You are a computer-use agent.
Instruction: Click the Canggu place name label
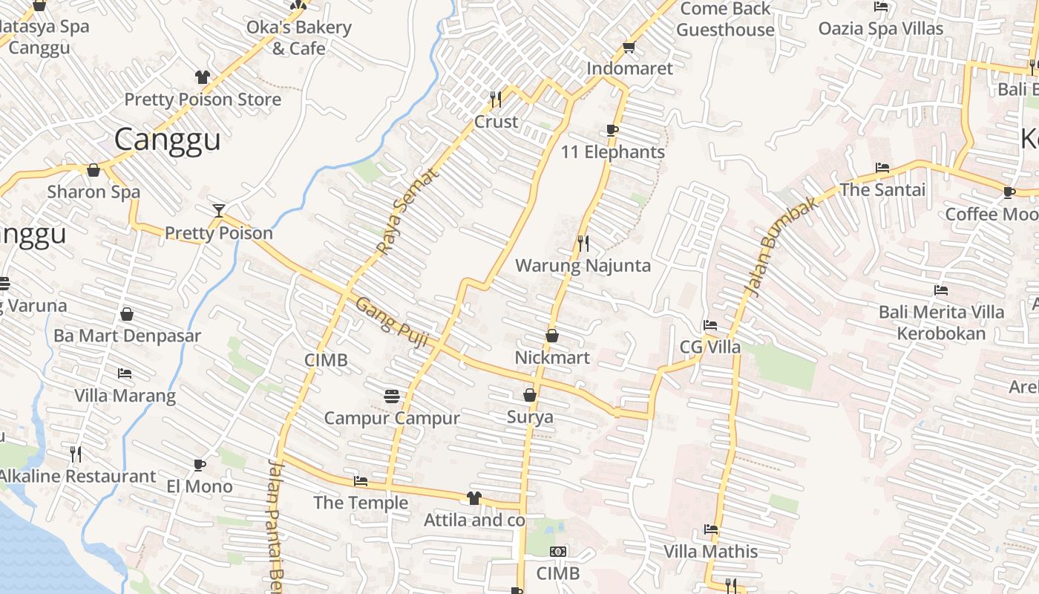tap(168, 140)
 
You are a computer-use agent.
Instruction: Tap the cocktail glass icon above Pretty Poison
tap(218, 211)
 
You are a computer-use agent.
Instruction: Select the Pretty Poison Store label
tap(203, 99)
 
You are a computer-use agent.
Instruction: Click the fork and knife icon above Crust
tap(496, 99)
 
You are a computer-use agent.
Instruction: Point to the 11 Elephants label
tap(613, 152)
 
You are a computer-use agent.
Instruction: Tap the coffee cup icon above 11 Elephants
tap(612, 131)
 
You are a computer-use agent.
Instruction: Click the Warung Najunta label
tap(583, 266)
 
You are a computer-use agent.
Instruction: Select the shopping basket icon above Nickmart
tap(552, 336)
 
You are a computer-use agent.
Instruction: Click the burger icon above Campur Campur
tap(392, 396)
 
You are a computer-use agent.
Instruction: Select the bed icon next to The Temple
tap(361, 481)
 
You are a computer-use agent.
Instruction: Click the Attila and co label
tap(474, 520)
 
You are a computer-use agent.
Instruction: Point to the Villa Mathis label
tap(710, 552)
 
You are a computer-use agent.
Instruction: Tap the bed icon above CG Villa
tap(710, 325)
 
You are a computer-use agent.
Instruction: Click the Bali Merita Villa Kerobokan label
tap(941, 322)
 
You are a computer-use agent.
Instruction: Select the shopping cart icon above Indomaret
tap(629, 47)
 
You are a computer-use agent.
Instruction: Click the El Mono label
tap(199, 487)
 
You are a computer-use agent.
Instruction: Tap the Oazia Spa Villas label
tap(880, 29)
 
